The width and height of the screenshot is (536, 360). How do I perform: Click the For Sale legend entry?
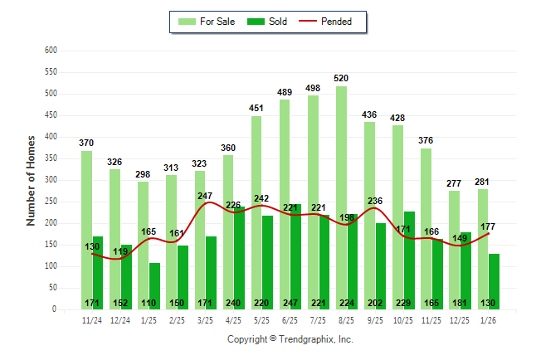point(205,22)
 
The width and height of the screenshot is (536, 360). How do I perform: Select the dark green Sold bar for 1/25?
point(155,285)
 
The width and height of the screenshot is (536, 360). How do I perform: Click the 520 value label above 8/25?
point(341,78)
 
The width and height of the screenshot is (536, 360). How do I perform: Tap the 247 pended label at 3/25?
point(205,196)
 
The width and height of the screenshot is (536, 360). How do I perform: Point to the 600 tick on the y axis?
point(50,51)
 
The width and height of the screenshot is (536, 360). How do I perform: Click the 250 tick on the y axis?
point(50,202)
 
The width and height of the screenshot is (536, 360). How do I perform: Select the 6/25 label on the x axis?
point(290,319)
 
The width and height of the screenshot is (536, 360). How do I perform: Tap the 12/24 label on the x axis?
point(120,319)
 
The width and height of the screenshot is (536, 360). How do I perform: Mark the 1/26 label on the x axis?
point(488,319)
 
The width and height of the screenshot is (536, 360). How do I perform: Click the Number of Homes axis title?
point(31,180)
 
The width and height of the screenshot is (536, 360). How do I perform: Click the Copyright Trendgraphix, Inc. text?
point(290,339)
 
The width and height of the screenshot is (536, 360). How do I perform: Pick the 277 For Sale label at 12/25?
point(454,182)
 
